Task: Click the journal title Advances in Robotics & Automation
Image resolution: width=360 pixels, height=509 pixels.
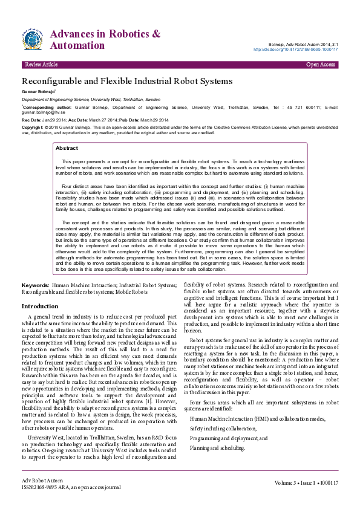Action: (105, 39)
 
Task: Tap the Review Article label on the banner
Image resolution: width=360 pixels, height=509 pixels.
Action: (41, 64)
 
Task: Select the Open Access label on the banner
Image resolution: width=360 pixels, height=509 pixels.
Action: (321, 64)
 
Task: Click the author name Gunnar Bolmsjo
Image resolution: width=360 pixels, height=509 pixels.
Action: (39, 91)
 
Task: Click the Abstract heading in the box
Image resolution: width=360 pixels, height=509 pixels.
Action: (67, 148)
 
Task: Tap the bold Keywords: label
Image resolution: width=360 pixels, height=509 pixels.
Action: (35, 285)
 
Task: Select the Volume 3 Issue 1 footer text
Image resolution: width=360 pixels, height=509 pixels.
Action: (306, 483)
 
